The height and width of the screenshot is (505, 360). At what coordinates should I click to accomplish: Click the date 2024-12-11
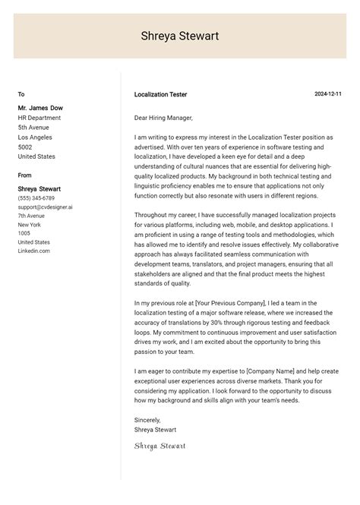(328, 94)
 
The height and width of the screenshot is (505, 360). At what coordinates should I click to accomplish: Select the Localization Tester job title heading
(160, 94)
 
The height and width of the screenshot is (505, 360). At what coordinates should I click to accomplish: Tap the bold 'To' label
(21, 94)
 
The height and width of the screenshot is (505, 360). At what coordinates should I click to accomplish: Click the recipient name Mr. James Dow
(40, 108)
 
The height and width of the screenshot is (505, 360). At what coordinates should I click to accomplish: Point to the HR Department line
(39, 118)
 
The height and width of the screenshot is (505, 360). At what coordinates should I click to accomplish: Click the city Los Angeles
(35, 137)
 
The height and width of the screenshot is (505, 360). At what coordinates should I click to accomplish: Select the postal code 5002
(25, 147)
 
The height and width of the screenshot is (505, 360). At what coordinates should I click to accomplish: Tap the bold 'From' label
(25, 175)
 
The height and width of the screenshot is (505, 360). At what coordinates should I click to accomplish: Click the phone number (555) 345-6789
(36, 197)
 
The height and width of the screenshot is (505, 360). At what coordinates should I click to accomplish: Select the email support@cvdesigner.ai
(46, 207)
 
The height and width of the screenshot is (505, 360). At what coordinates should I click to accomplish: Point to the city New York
(29, 225)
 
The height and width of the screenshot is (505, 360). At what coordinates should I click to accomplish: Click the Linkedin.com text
(34, 251)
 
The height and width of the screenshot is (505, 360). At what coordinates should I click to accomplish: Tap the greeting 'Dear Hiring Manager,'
(163, 118)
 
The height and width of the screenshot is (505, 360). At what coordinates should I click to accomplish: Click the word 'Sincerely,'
(148, 418)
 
